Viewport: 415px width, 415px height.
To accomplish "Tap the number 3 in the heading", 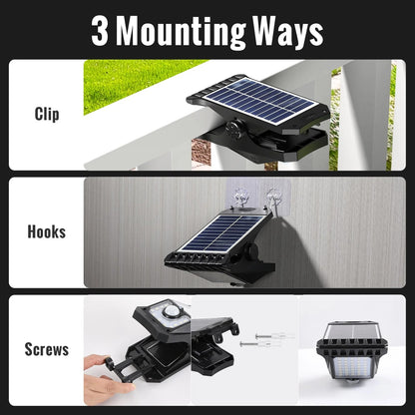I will [100, 31].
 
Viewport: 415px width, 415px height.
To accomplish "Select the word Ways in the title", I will [287, 31].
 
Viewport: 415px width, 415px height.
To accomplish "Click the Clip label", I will [46, 114].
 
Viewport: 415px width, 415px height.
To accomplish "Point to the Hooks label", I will [46, 231].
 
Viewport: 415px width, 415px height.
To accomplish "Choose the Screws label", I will [46, 349].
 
